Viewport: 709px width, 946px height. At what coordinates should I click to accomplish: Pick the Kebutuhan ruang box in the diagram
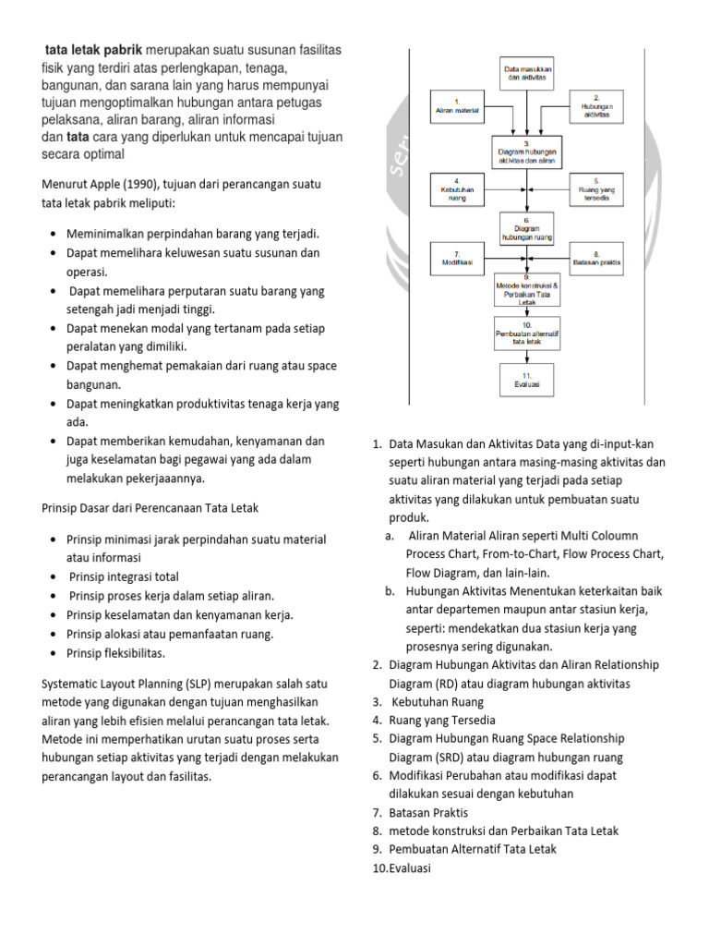point(457,189)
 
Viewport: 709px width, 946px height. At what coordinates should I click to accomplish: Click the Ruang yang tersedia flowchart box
point(596,189)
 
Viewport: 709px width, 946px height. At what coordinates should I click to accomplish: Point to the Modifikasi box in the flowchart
point(457,259)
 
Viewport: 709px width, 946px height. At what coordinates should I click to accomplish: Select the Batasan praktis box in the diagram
point(596,259)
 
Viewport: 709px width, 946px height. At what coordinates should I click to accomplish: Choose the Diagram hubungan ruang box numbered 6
point(526,229)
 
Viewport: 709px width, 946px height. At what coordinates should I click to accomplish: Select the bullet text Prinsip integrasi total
point(124,577)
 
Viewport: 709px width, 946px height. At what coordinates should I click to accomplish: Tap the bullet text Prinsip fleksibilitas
point(117,653)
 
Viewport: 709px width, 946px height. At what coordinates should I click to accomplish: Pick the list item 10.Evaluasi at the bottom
point(403,868)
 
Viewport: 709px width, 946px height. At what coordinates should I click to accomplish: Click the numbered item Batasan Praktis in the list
point(428,813)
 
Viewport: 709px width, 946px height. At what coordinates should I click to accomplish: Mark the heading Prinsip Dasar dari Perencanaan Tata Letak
point(150,508)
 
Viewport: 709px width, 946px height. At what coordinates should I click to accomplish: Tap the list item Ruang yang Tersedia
point(442,721)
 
